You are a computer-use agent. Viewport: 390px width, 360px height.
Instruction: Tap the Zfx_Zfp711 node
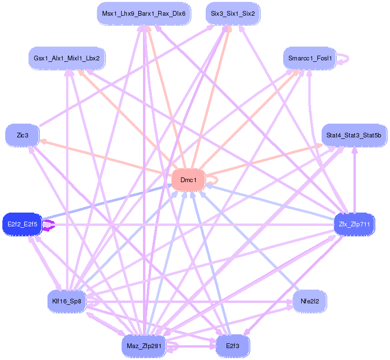(x=354, y=224)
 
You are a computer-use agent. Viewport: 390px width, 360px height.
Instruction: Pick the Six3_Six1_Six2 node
(x=233, y=13)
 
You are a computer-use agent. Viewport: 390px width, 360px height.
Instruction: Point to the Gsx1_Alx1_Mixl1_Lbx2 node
(x=67, y=58)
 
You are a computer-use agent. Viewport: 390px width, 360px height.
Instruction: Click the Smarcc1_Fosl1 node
(x=309, y=58)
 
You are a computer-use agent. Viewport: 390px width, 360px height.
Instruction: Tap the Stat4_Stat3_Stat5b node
(x=353, y=136)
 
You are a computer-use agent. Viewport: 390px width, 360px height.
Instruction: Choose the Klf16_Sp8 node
(x=67, y=301)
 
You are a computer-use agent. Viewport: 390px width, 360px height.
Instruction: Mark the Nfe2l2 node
(x=309, y=301)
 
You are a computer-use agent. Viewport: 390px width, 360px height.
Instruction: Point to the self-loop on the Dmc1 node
(x=215, y=180)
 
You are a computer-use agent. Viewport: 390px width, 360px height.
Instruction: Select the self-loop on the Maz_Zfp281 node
(x=174, y=347)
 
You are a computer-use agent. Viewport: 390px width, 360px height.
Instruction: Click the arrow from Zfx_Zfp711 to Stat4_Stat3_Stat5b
(x=354, y=181)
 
